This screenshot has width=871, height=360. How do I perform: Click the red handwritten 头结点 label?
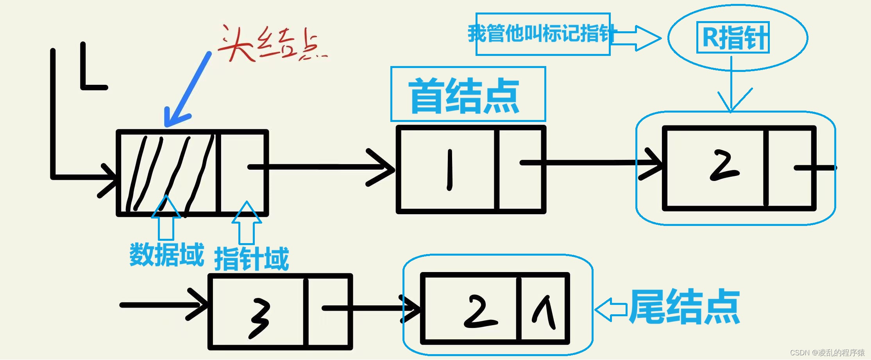[272, 44]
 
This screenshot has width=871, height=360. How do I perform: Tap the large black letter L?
[92, 66]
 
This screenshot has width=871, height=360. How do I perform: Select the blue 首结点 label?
[464, 95]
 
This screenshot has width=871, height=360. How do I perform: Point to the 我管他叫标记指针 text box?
[542, 34]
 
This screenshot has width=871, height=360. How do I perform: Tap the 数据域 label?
[167, 255]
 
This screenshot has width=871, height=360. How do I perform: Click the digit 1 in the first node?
[450, 170]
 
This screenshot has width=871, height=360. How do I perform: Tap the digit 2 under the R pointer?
[724, 166]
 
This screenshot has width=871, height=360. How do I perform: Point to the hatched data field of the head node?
[168, 172]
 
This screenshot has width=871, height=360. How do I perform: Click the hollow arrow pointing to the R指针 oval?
[636, 38]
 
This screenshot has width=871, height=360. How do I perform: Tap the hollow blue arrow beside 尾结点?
[611, 310]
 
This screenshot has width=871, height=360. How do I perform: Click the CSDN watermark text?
[827, 353]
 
